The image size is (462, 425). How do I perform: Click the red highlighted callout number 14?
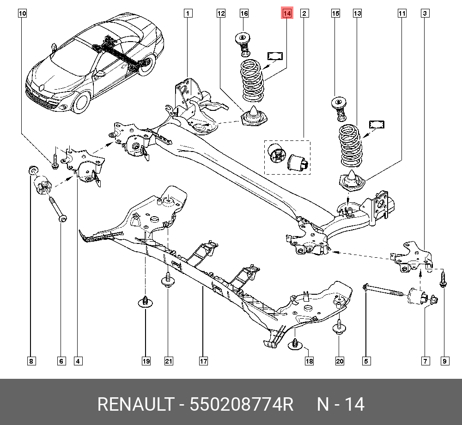287,13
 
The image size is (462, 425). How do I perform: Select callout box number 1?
188,13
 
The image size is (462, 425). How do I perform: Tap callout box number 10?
23,13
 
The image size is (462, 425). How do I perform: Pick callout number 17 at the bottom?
203,361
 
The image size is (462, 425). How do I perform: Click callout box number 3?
424,13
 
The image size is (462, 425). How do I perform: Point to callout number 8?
31,361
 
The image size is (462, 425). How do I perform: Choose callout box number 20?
340,361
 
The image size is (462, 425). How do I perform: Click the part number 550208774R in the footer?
242,405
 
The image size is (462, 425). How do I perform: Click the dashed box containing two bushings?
287,157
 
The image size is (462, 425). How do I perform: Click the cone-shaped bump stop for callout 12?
255,116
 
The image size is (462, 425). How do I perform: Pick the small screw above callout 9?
443,279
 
